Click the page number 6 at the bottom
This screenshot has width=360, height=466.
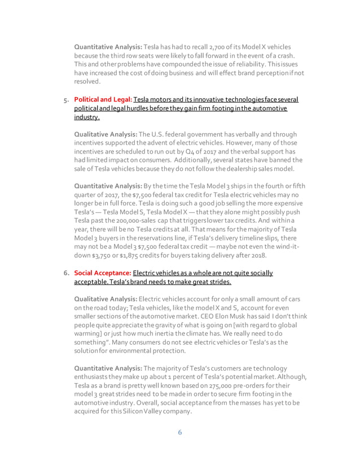pyautogui.click(x=179, y=433)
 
